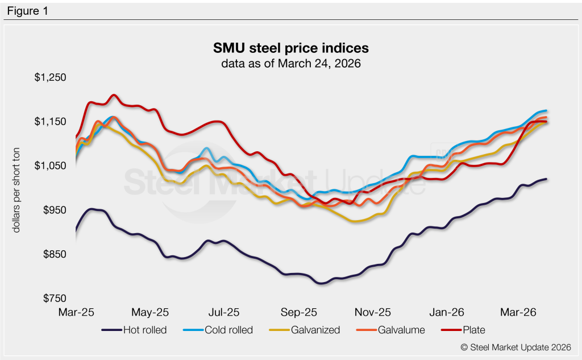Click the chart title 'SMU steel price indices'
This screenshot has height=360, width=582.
tap(291, 47)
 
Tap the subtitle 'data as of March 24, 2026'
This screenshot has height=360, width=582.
tap(291, 63)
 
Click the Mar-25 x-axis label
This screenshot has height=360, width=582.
tap(77, 312)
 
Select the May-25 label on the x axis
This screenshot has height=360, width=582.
tap(151, 312)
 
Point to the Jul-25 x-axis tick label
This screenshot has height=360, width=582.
tap(224, 312)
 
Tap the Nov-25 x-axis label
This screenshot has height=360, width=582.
tap(373, 312)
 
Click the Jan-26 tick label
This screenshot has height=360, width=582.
tap(447, 312)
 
